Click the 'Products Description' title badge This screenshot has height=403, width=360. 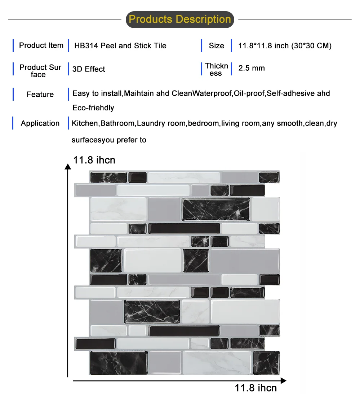coord(180,19)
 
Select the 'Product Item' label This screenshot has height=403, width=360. coord(41,45)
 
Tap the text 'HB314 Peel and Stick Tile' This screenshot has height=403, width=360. coord(120,46)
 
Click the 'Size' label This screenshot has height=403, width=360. coord(216,46)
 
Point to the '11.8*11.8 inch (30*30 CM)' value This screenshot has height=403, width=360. coord(285,46)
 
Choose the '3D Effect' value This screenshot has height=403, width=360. coord(89,69)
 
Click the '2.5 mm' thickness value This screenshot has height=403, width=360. coord(252,68)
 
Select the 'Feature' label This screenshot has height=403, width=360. coord(40,95)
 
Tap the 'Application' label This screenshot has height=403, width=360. coord(40,123)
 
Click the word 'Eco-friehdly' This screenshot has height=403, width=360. coord(93,108)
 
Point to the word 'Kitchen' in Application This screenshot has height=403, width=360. coord(85,123)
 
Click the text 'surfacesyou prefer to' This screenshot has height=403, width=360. coord(109,140)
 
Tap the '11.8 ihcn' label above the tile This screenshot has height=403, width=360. coord(94,160)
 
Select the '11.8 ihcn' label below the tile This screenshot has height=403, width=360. coord(256,388)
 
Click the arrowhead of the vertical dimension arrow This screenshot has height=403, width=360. coord(67,166)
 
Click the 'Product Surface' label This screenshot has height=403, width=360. coord(40,71)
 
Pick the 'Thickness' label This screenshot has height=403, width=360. coord(216,69)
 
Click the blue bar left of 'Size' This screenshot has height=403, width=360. coord(202,45)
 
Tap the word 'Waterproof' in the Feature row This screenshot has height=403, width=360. coord(212,93)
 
